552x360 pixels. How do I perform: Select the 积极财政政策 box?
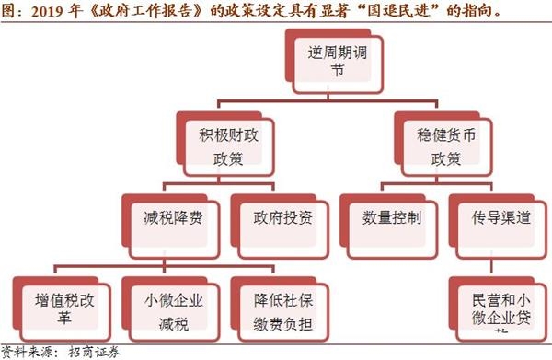coord(218,143)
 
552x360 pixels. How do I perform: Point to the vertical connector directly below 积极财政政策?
coord(218,180)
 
